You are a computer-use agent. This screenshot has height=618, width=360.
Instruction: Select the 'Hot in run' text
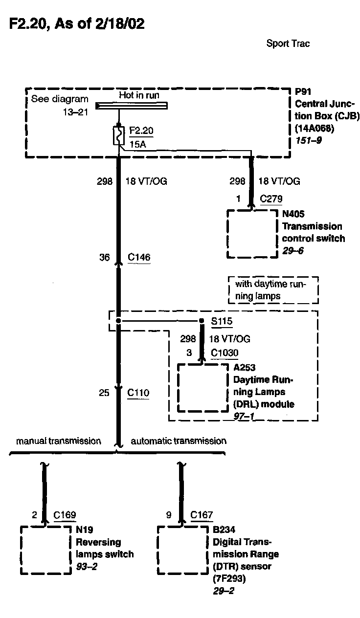[139, 95]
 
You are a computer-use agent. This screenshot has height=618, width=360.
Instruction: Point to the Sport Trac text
[288, 44]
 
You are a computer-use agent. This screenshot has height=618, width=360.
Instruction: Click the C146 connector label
[139, 257]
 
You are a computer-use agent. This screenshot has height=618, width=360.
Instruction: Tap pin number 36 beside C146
[104, 257]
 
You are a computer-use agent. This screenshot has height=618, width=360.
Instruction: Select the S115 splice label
[222, 322]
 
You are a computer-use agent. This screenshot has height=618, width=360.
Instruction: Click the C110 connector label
[138, 392]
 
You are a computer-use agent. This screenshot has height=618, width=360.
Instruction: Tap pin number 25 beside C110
[104, 392]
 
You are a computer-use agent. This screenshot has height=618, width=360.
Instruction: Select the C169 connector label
[65, 515]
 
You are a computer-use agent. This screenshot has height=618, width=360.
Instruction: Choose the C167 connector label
[202, 515]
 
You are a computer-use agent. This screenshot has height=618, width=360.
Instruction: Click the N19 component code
[84, 530]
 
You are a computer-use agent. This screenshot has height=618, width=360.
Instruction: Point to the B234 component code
[224, 530]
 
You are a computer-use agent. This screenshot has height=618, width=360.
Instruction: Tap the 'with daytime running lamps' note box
[273, 290]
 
